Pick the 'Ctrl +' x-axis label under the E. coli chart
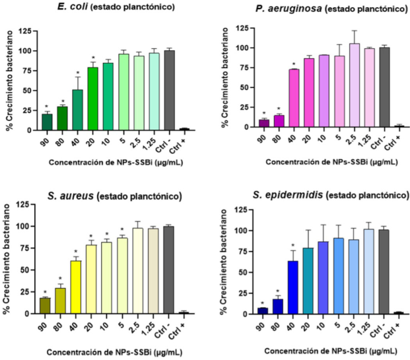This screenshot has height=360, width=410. [x=185, y=141]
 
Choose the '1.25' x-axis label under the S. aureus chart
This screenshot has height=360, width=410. [x=155, y=324]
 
